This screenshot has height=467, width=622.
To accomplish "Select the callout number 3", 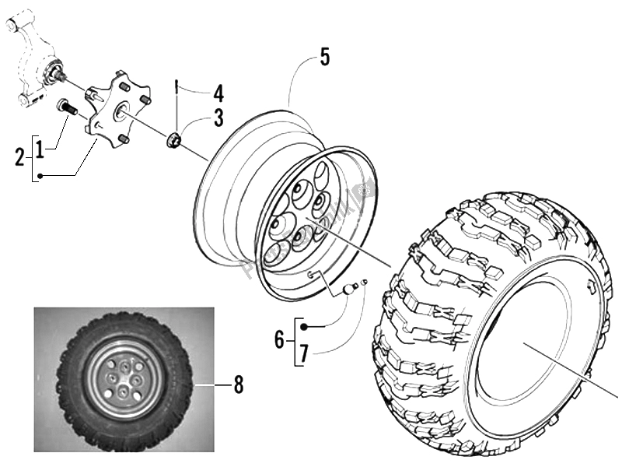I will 219,119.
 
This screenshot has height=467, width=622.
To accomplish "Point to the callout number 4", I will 218,95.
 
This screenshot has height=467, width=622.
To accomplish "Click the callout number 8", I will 238,384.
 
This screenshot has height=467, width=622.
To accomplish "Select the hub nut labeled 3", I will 176,139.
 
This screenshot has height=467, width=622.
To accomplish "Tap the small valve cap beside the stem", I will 363,281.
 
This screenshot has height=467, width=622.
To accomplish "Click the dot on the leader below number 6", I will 305,326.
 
